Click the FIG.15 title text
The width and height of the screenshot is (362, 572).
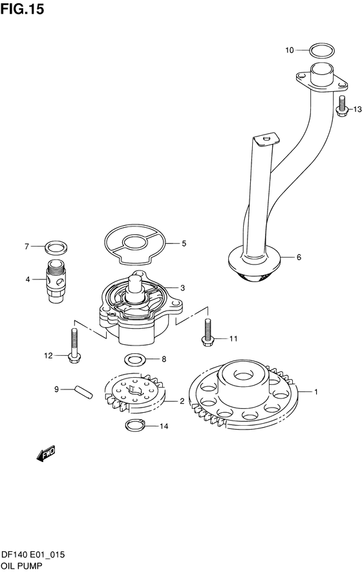pyautogui.click(x=22, y=8)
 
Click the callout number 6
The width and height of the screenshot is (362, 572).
pyautogui.click(x=299, y=257)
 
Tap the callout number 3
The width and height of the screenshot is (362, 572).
pyautogui.click(x=183, y=288)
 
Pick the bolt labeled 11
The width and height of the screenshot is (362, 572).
pyautogui.click(x=207, y=331)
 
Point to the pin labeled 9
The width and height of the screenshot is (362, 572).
pyautogui.click(x=84, y=391)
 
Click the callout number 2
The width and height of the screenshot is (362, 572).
pyautogui.click(x=182, y=402)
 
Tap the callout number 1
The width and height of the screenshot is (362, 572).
pyautogui.click(x=316, y=392)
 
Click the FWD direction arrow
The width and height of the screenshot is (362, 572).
pyautogui.click(x=45, y=454)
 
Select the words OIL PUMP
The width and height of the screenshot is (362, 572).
pyautogui.click(x=21, y=566)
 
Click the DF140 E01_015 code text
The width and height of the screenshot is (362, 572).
pyautogui.click(x=33, y=555)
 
